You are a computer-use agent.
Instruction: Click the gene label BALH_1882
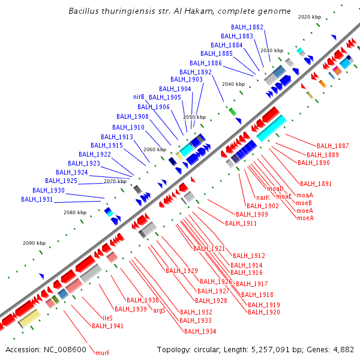pyautogui.click(x=247, y=27)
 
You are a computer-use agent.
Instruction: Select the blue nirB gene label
pyautogui.click(x=139, y=97)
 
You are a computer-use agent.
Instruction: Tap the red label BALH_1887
pyautogui.click(x=332, y=146)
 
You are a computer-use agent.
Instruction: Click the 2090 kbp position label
pyautogui.click(x=34, y=243)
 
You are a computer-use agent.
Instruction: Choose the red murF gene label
pyautogui.click(x=102, y=353)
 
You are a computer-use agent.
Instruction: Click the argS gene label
pyautogui.click(x=159, y=310)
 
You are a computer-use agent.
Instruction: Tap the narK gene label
pyautogui.click(x=263, y=197)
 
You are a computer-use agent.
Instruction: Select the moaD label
pyautogui.click(x=275, y=188)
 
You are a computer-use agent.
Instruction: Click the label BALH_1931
pyautogui.click(x=37, y=199)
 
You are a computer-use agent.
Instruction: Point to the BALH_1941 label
pyautogui.click(x=107, y=326)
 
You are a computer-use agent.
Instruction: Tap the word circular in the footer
pyautogui.click(x=217, y=349)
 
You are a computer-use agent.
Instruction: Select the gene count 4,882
pyautogui.click(x=343, y=349)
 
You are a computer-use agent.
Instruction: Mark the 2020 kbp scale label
pyautogui.click(x=310, y=17)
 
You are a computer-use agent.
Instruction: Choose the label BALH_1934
pyautogui.click(x=200, y=331)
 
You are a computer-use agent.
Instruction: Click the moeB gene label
pyautogui.click(x=304, y=203)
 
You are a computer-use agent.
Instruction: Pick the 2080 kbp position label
pyautogui.click(x=75, y=212)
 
